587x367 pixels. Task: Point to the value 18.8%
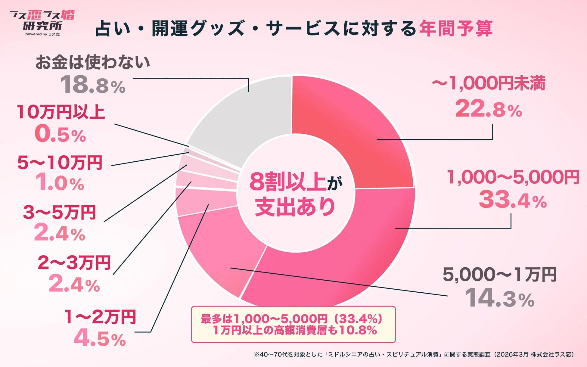click(93, 85)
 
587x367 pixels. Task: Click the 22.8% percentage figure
click(488, 109)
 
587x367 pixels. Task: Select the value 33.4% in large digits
click(512, 200)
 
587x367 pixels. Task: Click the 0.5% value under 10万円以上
click(60, 134)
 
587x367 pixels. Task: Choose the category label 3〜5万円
click(59, 212)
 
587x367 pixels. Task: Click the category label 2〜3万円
click(74, 263)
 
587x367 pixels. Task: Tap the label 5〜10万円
click(60, 163)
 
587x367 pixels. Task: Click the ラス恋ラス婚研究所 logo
click(42, 23)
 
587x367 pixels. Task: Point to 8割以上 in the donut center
click(287, 182)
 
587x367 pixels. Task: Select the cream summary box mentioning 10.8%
click(293, 325)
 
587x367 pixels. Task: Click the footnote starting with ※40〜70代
click(414, 354)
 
